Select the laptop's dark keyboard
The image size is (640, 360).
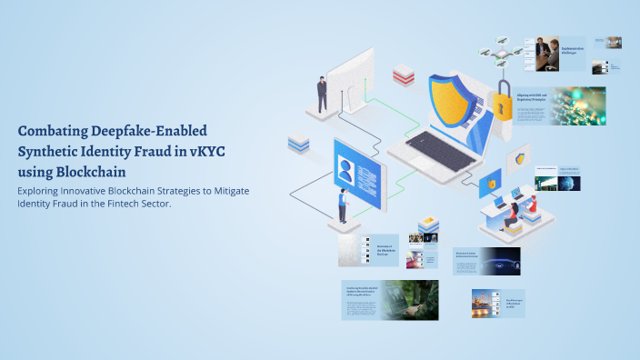click(440, 150)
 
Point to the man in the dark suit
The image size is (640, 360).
click(322, 94)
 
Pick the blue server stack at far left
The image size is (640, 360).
click(298, 142)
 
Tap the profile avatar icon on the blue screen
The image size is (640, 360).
click(347, 166)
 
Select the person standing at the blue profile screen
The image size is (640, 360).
click(343, 205)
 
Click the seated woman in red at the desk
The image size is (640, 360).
click(511, 215)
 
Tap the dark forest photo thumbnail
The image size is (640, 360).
click(408, 300)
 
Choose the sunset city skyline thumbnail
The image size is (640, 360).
click(485, 303)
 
